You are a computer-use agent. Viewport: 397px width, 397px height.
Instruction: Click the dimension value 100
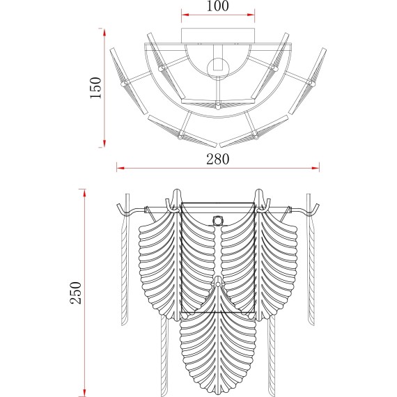218,6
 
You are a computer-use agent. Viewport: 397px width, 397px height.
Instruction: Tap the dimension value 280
218,159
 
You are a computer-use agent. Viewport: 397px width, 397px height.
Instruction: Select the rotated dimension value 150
96,88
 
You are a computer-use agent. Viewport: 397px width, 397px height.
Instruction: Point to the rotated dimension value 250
76,293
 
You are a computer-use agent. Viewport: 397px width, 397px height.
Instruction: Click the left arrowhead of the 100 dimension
185,15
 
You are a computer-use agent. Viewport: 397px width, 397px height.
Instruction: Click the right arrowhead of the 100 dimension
251,15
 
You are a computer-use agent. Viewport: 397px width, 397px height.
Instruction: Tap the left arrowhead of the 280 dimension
120,168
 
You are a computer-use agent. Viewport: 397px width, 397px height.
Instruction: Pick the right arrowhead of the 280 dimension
316,168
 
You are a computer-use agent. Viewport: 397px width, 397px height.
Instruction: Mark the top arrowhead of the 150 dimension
104,32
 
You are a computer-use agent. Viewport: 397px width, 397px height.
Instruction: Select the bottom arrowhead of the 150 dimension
104,143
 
